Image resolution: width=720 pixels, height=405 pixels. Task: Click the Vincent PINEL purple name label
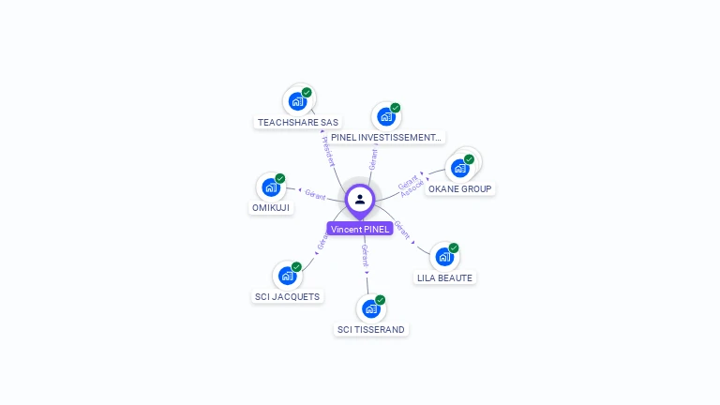pos(360,229)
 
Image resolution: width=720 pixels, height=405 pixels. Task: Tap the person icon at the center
pos(360,199)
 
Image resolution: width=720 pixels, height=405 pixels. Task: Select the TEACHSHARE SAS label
pos(298,122)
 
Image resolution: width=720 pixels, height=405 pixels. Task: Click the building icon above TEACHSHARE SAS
pos(297,101)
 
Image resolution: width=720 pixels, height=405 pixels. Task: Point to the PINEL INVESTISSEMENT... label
pos(385,138)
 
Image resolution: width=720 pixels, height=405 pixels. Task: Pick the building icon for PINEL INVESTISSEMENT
pos(385,117)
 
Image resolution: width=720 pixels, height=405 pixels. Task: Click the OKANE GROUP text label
pos(459,188)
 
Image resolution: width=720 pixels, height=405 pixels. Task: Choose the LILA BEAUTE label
pos(445,277)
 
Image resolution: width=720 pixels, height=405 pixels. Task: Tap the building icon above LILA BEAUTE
pos(444,257)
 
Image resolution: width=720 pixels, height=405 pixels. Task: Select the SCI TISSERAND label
pos(372,329)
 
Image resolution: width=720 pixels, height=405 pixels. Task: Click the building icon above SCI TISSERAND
pos(371,308)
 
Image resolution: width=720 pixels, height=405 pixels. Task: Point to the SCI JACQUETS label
pos(287,297)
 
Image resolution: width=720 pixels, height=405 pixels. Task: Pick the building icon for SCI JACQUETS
pos(287,276)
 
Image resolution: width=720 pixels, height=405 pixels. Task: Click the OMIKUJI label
pos(271,207)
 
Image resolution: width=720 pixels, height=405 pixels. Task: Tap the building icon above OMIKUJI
pos(271,187)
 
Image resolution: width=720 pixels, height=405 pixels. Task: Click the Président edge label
pos(329,151)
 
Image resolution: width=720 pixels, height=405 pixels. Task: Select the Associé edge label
pos(413,188)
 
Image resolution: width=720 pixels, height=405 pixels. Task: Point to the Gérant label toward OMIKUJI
pos(315,195)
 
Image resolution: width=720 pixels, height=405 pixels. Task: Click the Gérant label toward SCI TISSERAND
pos(365,255)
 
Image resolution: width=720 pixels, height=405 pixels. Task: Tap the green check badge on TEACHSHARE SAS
pos(307,93)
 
